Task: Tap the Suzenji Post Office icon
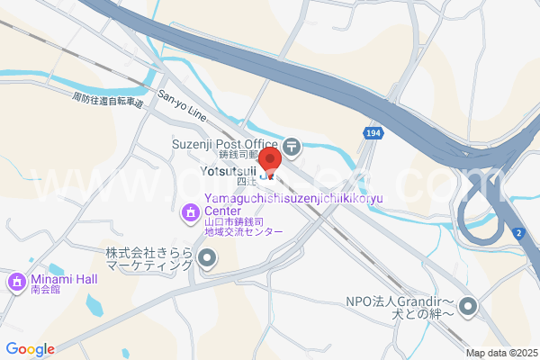point(292,144)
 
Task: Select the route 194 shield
point(373,133)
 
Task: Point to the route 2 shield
point(518,234)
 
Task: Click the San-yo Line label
point(183,106)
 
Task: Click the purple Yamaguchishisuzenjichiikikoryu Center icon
point(190,213)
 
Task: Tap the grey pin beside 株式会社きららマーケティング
point(207,260)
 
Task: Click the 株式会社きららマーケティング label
point(149,259)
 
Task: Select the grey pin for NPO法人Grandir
point(468,309)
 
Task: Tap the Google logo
point(30,349)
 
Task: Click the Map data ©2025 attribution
point(500,353)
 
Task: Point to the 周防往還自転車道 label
point(107,99)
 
